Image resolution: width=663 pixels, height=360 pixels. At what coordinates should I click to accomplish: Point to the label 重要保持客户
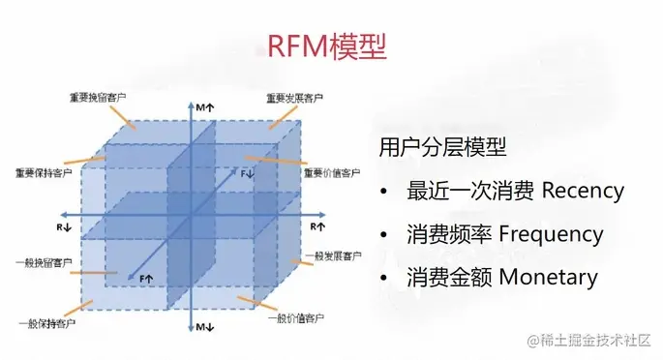[x=44, y=173]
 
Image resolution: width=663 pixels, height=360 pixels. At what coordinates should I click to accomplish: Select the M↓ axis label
[x=205, y=329]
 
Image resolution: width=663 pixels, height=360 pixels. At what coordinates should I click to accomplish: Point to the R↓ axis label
[x=63, y=225]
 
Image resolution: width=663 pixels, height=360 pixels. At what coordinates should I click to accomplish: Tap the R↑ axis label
[x=316, y=225]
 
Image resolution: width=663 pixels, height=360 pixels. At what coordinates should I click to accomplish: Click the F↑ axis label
[x=147, y=279]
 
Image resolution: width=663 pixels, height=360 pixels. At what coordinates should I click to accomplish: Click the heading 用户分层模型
[x=443, y=146]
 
